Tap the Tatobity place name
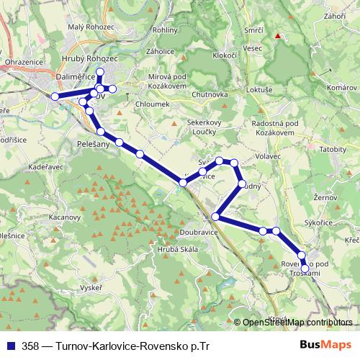pos(333,149)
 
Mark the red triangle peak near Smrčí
pos(277,35)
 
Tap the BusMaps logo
pos(326,345)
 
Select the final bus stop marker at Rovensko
pos(305,269)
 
